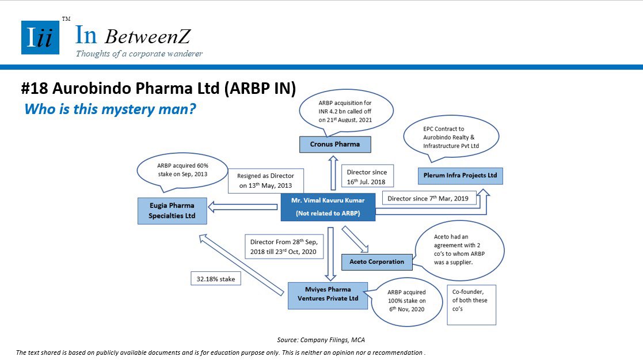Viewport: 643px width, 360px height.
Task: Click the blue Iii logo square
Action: [40, 37]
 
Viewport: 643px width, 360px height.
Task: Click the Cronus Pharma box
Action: [335, 145]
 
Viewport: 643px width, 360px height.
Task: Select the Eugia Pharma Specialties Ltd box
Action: [172, 211]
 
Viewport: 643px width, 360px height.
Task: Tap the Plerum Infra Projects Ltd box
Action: [460, 176]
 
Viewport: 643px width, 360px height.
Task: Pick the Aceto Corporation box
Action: [377, 262]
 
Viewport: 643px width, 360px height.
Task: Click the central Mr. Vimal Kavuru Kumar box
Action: [328, 207]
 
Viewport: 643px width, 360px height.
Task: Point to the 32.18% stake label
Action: [216, 279]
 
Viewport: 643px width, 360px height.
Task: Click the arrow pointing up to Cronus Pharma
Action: [333, 173]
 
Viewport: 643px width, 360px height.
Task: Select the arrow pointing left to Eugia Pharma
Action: [243, 207]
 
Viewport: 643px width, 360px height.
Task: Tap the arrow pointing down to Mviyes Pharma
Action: [330, 253]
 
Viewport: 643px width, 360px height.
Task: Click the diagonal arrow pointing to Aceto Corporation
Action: [355, 239]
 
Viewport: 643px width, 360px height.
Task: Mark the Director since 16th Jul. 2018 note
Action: [367, 176]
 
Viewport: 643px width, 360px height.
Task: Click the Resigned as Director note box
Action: [266, 181]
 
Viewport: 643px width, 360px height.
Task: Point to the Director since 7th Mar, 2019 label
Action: [428, 198]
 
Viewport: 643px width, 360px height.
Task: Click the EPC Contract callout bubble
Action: [451, 138]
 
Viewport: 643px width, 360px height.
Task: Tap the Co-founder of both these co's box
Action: [471, 305]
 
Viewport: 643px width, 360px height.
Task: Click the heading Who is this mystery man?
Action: [110, 109]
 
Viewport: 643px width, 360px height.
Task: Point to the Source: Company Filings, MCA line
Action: [321, 340]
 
